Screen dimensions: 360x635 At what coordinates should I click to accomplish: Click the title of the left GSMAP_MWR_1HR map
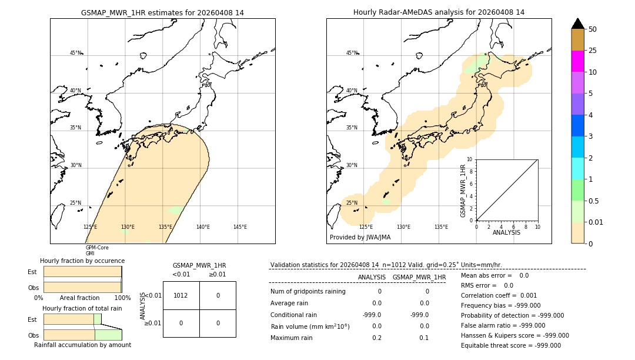pos(162,12)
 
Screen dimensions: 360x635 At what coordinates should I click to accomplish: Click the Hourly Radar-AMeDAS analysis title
pos(439,12)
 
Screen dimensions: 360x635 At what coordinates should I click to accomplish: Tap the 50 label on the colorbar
pos(593,29)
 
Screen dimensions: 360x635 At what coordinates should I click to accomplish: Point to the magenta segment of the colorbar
pos(578,61)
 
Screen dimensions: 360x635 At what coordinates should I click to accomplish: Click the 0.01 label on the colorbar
pos(596,222)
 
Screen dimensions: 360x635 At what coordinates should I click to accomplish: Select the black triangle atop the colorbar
pos(578,24)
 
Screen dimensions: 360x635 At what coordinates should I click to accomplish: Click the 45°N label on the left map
pos(76,53)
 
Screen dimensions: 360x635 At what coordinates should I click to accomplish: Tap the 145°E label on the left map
pos(240,227)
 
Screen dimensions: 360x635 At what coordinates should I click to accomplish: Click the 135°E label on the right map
pos(441,227)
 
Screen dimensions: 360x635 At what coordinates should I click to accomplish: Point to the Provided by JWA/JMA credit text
pos(360,237)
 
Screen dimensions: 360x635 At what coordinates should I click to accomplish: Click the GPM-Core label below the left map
pos(97,248)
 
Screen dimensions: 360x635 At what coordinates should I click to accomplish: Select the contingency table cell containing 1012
pos(181,295)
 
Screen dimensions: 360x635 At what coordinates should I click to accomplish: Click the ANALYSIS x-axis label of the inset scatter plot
pos(507,232)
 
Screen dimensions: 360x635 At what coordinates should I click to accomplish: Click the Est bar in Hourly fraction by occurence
pos(82,272)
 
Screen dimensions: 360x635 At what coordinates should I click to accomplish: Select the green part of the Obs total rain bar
pos(108,334)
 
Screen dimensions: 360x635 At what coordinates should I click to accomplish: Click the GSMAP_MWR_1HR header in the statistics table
pos(419,277)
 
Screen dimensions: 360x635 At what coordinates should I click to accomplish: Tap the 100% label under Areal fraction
pos(122,298)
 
